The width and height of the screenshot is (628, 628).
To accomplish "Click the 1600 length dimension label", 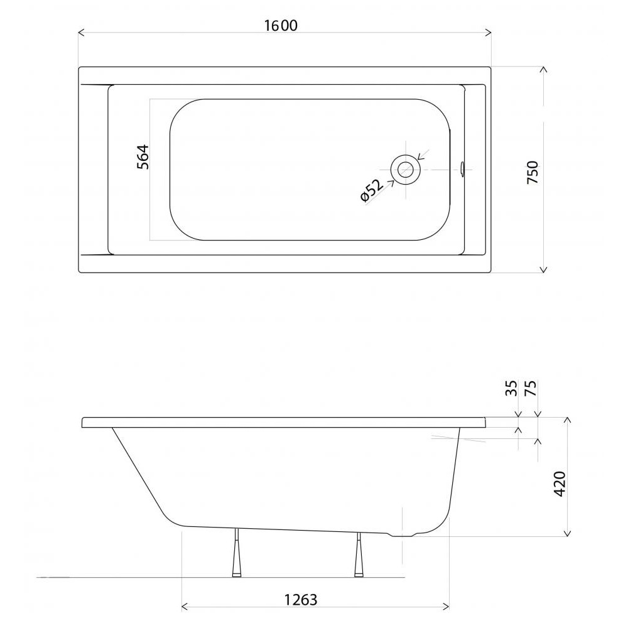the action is click(281, 26).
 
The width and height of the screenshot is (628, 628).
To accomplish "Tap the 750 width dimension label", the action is click(533, 172).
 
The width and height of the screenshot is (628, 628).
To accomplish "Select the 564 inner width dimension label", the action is click(143, 157).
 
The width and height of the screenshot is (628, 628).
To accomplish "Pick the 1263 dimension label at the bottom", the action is click(300, 600).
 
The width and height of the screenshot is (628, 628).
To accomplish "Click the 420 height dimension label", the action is click(560, 484).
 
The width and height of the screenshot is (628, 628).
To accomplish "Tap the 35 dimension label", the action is click(511, 388).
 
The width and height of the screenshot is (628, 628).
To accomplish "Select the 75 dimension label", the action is click(530, 388).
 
